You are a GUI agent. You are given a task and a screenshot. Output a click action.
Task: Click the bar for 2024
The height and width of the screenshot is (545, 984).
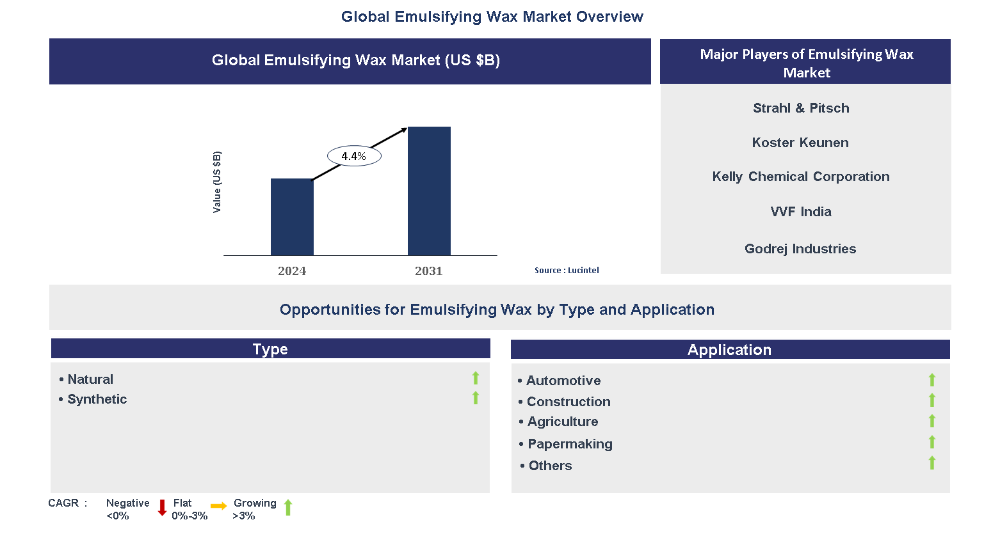[292, 217]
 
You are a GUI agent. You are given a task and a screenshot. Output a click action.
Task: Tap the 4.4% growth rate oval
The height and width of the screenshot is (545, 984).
[354, 156]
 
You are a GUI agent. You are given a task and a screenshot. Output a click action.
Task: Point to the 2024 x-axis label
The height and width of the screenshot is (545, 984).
[292, 271]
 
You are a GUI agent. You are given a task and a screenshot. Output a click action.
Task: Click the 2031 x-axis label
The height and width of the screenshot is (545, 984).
[429, 271]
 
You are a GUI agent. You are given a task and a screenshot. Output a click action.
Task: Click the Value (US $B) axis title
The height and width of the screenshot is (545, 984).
[217, 182]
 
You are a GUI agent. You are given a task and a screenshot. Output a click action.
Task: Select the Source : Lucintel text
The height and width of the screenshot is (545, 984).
[567, 271]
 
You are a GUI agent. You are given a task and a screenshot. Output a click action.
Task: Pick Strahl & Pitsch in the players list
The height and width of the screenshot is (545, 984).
[801, 108]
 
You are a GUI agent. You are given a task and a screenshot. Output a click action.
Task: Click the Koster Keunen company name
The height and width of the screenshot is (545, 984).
[800, 143]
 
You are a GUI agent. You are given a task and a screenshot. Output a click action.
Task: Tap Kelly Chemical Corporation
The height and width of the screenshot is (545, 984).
[801, 177]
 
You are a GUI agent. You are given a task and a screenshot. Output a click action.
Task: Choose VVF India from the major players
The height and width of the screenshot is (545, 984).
[801, 212]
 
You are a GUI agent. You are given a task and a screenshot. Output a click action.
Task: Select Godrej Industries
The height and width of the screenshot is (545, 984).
[800, 249]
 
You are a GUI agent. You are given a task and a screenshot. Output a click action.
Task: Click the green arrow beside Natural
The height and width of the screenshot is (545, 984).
[476, 378]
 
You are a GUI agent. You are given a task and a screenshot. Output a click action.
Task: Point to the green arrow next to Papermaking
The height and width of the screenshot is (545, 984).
[932, 442]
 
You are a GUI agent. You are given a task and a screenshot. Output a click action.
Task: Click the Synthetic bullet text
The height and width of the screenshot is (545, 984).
[97, 399]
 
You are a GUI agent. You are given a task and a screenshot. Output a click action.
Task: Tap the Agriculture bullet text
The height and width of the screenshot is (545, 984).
[563, 422]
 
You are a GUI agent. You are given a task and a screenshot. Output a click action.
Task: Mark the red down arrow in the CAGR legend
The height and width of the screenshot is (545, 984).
[162, 508]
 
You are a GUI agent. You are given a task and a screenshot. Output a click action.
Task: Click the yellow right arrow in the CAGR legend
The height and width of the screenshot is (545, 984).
[219, 506]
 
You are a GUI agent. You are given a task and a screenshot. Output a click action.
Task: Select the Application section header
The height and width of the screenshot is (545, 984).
[730, 350]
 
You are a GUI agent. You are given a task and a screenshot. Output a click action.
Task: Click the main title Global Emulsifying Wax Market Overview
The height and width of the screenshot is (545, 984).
[492, 17]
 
